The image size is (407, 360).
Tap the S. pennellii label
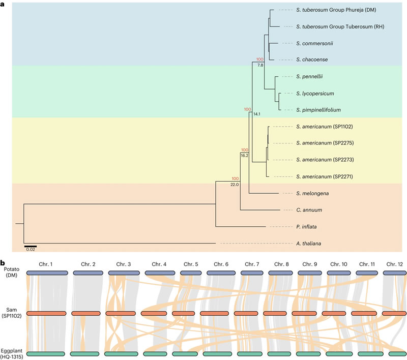309,77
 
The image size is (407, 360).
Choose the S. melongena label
311,193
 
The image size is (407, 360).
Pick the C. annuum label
307,209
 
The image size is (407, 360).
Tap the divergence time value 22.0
235,185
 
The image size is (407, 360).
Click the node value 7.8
260,66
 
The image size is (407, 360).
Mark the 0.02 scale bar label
30,250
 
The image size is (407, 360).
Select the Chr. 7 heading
252,264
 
